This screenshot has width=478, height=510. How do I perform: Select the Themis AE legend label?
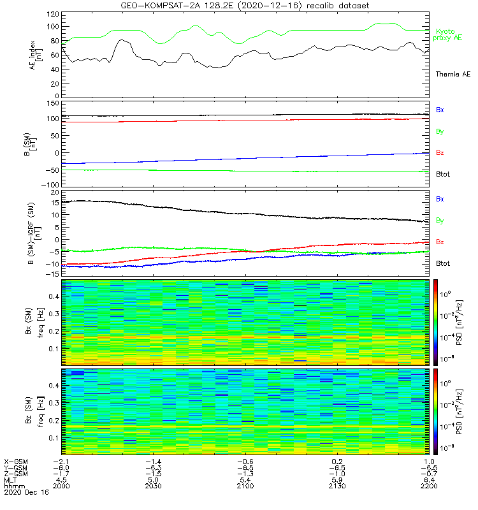tap(453, 75)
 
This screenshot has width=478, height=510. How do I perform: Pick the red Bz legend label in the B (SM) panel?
tap(440, 153)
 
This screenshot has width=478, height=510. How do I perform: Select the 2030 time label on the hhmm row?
tap(153, 486)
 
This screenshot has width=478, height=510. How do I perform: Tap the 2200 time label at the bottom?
tap(429, 486)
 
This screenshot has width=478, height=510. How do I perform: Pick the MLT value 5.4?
tap(245, 479)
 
